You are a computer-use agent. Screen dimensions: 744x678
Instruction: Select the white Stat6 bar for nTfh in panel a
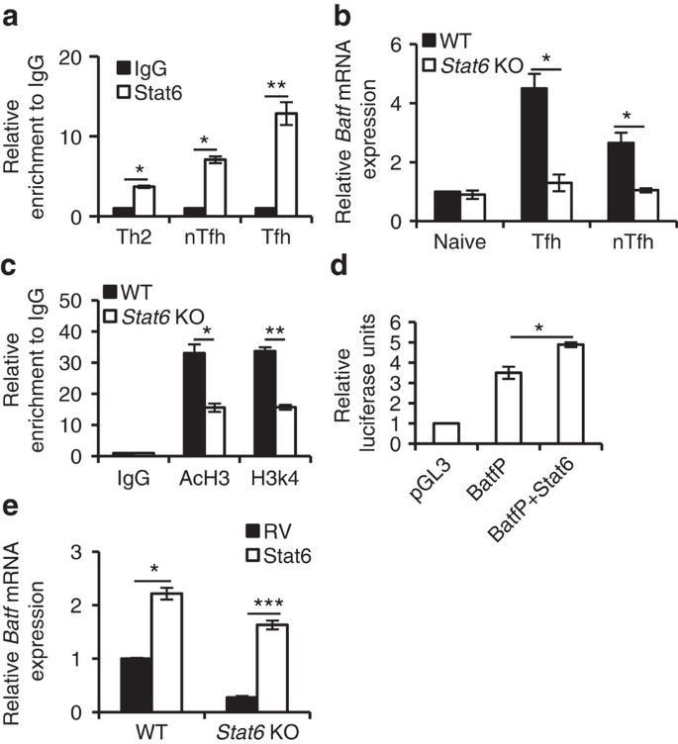(215, 188)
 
